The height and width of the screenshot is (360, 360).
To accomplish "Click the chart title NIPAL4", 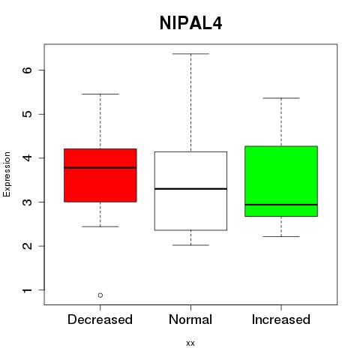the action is (190, 23).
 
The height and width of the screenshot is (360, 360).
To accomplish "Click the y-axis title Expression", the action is (7, 174).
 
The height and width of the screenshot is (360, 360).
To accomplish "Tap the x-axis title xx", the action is (190, 343).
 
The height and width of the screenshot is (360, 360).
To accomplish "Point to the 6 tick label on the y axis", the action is (27, 70).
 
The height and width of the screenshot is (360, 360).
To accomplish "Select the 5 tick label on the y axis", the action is (27, 114).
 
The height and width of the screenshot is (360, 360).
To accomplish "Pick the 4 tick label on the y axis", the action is (27, 157).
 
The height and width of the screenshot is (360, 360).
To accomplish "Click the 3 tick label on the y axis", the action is (27, 202).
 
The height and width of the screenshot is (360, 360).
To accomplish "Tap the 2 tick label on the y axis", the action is (27, 246).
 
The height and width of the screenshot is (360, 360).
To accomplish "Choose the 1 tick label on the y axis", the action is (27, 289).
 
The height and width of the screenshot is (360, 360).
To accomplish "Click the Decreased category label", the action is (100, 319).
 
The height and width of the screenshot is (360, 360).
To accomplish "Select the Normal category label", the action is (190, 319).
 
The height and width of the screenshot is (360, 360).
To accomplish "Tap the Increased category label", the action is (281, 319).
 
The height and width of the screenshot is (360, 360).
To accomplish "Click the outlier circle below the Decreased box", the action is (100, 295).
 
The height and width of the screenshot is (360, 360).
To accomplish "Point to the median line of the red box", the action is (100, 167).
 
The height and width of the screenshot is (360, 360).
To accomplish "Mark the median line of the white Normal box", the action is (190, 189).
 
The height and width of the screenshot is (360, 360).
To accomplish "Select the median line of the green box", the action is (281, 205).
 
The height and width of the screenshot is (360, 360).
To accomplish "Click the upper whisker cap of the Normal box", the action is (190, 54).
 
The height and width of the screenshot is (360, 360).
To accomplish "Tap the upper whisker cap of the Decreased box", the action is (100, 94).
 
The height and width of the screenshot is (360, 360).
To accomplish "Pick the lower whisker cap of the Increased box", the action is (281, 236).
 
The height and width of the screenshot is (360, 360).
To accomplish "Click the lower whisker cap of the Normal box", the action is (190, 245).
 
